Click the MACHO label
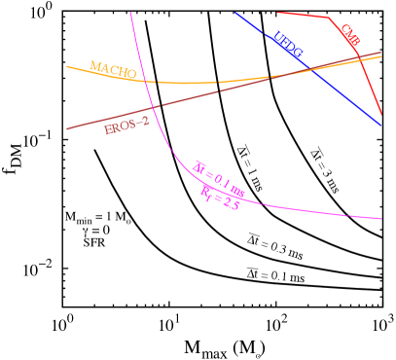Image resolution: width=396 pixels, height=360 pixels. pos(112,69)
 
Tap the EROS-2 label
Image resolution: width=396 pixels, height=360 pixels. pos(126,126)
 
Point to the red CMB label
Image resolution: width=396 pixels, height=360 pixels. pos(350,35)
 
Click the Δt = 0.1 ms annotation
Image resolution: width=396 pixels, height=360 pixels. pos(219,177)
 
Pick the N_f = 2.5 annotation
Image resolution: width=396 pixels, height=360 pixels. pos(220,197)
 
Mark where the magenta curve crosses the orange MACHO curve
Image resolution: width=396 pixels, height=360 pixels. pos(148,80)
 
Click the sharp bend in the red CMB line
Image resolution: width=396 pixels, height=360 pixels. pos(329,18)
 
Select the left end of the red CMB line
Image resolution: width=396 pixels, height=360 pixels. pos(278,13)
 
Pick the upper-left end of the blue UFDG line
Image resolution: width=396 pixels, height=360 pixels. pos(235,13)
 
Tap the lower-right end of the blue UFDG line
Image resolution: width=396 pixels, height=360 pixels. pos(380,126)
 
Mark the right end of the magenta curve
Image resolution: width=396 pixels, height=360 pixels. pos(381,219)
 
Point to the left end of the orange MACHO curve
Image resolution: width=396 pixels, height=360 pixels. pos(66,66)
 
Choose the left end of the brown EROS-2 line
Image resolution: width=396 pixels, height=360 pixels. pos(66,128)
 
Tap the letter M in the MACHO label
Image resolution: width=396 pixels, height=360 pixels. pos(94,66)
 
